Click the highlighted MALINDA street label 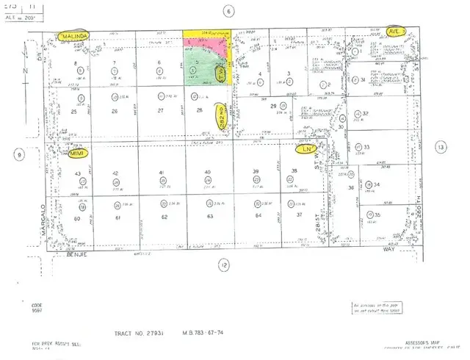click(x=75, y=35)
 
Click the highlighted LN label click(x=308, y=148)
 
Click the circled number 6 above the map click(x=229, y=12)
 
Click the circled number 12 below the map click(x=223, y=264)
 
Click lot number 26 click(x=115, y=112)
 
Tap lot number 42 click(x=115, y=173)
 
